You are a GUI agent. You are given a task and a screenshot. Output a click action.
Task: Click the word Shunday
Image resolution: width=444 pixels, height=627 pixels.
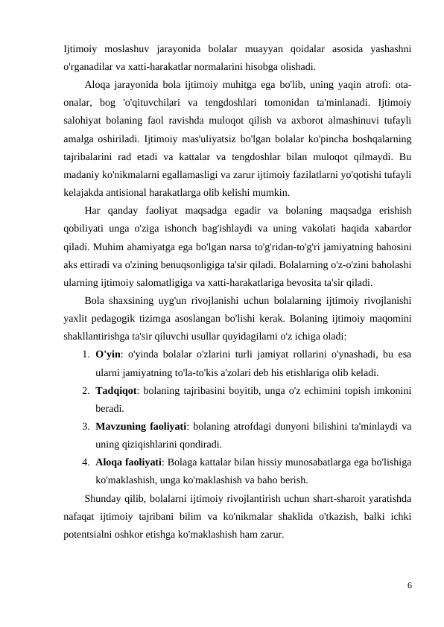click(x=103, y=497)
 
